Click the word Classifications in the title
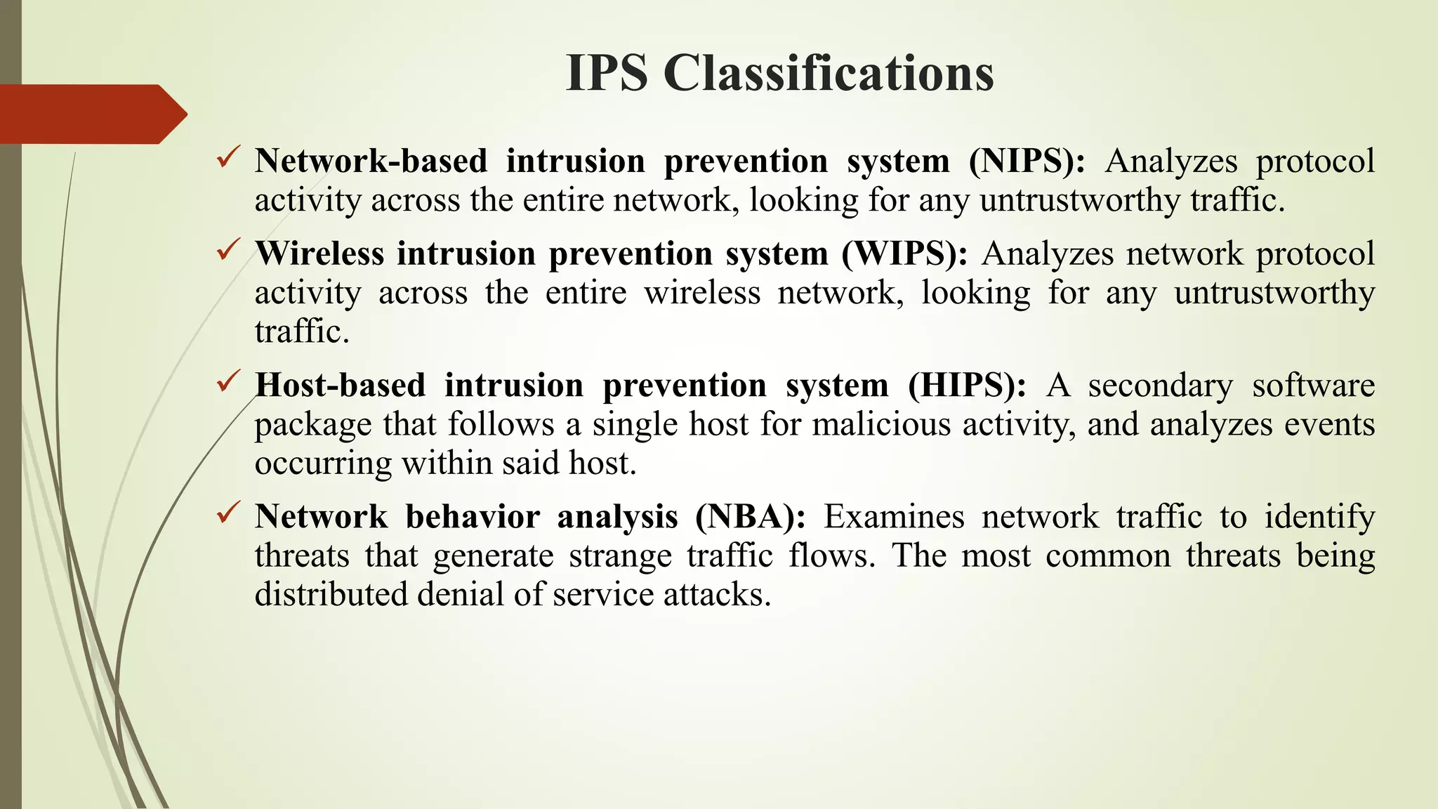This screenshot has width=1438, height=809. (829, 73)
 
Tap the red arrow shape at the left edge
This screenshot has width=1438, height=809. (91, 114)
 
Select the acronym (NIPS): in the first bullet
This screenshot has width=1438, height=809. (1027, 162)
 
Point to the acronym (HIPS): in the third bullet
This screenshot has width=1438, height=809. (966, 386)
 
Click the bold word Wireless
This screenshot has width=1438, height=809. (319, 254)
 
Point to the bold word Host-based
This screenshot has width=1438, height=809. (341, 386)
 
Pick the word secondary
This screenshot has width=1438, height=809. (1160, 386)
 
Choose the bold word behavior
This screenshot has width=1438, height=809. (473, 517)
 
